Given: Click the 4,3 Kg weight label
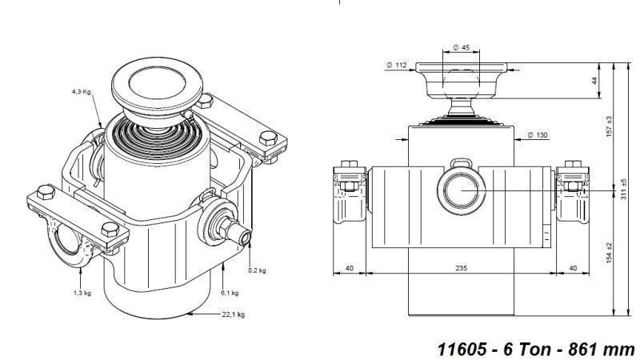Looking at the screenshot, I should pos(82,92).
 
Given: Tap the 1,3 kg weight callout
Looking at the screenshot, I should pos(82,293).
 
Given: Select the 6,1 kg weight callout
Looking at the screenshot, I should pos(229,293).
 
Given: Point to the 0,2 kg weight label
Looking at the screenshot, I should pos(257,270).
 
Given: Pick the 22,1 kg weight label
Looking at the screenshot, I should pos(233,315).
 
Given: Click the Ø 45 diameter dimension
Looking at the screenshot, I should pos(460,48).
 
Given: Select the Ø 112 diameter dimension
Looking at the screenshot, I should pos(397,65).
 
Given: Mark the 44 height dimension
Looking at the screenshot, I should pos(594,82).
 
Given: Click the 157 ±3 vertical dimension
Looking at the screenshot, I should pos(609,125).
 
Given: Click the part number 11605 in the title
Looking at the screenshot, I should pos(461,349).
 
